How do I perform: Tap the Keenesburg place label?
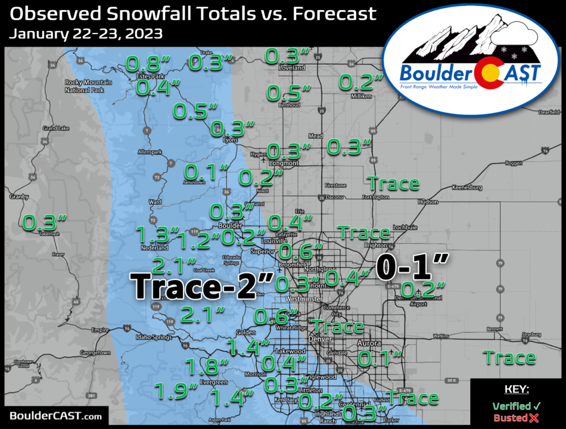(x=467, y=188)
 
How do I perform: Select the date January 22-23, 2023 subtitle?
(x=86, y=34)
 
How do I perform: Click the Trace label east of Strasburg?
(x=510, y=358)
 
